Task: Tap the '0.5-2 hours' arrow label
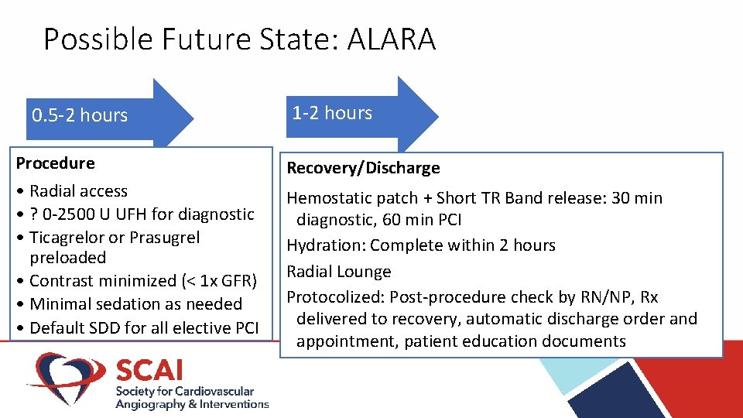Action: click(80, 115)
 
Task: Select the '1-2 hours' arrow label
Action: click(332, 113)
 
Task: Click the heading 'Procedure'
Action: click(56, 163)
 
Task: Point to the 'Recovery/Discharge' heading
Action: click(363, 168)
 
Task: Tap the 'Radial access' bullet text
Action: click(78, 191)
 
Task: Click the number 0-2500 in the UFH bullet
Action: click(75, 214)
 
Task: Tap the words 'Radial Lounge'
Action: click(339, 272)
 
